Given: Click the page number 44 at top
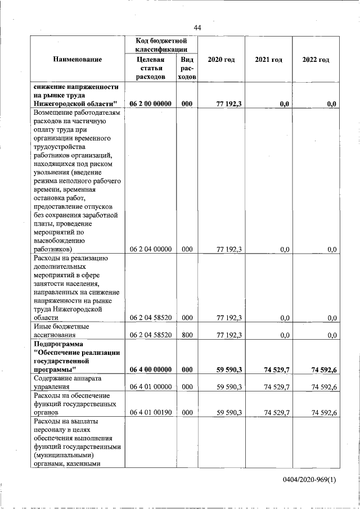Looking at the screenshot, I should (x=197, y=28).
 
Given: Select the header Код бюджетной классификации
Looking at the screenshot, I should (x=161, y=46).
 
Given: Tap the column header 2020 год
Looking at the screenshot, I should (x=221, y=60).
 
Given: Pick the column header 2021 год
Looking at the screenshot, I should (x=268, y=60).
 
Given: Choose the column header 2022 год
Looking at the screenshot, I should (x=316, y=60).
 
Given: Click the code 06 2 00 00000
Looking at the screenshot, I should (x=150, y=103).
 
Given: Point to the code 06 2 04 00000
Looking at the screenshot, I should (x=150, y=249).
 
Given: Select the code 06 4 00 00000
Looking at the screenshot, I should (x=150, y=370).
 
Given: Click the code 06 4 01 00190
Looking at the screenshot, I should (x=150, y=413).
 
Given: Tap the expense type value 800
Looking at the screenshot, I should (x=187, y=335).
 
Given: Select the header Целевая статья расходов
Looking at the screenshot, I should (x=150, y=69).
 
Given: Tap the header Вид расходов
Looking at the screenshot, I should (x=187, y=69).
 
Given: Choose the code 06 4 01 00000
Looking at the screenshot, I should (x=150, y=387).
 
